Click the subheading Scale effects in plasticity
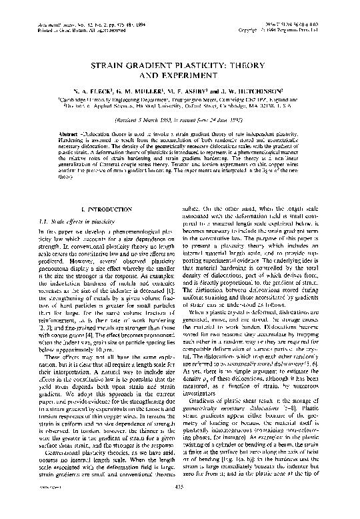(83, 219)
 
